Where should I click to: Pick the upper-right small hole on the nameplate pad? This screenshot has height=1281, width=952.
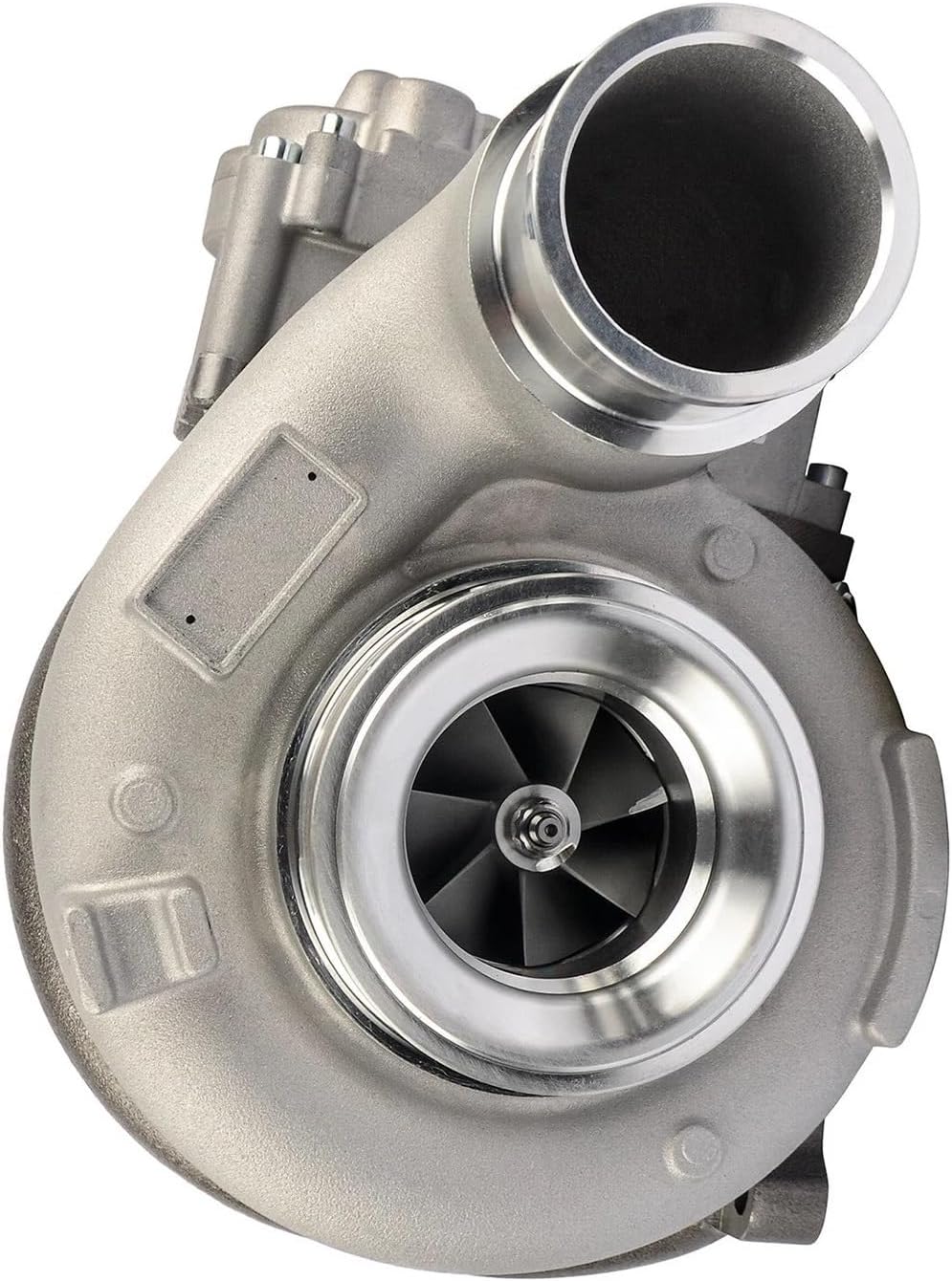tap(313, 474)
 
